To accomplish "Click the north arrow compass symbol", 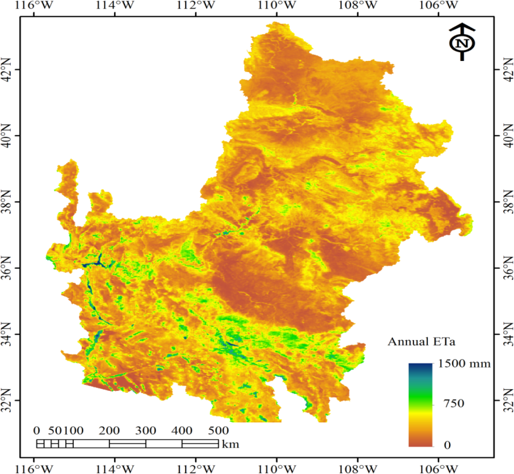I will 462,42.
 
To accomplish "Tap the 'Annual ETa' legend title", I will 421,342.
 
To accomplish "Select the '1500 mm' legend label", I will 464,364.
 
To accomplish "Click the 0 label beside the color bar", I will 447,445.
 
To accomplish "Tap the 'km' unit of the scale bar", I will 231,444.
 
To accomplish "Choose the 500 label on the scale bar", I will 218,431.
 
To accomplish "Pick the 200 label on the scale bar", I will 109,431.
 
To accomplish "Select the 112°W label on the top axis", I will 196,5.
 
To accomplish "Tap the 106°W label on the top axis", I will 438,5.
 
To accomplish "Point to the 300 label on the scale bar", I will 146,431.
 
